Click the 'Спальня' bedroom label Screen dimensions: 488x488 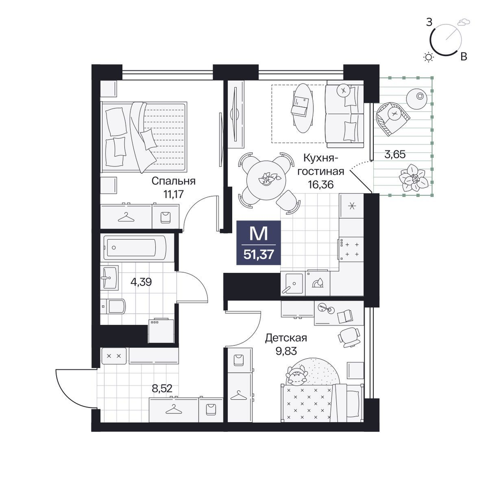(x=173, y=181)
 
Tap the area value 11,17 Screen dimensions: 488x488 (x=174, y=194)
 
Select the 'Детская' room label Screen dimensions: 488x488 (x=286, y=338)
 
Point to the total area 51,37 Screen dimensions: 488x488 (x=259, y=255)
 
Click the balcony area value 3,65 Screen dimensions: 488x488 (x=395, y=154)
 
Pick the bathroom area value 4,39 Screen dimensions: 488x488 (x=142, y=282)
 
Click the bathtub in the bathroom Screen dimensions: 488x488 (x=135, y=247)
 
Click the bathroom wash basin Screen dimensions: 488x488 (x=109, y=278)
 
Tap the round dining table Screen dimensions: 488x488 (x=266, y=180)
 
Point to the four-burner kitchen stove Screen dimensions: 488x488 (x=351, y=249)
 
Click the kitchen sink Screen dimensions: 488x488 (x=292, y=284)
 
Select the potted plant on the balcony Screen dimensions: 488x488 (x=412, y=178)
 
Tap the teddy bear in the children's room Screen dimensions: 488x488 (x=297, y=375)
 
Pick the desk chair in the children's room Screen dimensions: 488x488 (x=349, y=337)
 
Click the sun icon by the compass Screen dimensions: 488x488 (x=429, y=57)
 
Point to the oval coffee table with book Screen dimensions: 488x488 (x=302, y=108)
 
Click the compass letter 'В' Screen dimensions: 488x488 (x=464, y=57)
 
